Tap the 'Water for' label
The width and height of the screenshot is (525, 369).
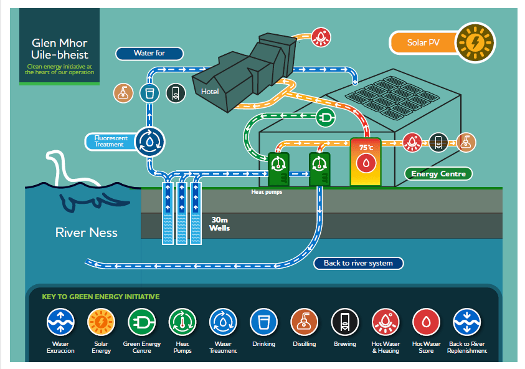coord(149,53)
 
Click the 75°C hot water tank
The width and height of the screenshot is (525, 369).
coord(364,161)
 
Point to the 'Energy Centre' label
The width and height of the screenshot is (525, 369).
coord(438,174)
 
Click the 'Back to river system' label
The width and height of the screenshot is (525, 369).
coord(358,263)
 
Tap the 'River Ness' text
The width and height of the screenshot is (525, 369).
coord(86,232)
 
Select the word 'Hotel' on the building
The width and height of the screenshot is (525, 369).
coord(210,92)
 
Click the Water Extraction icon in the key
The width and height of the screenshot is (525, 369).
coord(60,322)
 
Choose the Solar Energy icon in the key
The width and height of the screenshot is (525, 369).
coord(101,322)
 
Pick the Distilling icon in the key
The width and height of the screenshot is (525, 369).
coord(304,322)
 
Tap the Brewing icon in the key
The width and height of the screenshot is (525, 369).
coord(345,322)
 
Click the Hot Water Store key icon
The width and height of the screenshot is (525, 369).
coord(426,322)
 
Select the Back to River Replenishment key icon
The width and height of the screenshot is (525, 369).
coord(467,322)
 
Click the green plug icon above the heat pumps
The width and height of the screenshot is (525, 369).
coord(325,117)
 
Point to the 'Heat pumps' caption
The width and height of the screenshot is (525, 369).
coord(267,192)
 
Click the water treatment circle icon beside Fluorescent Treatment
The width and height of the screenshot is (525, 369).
coord(150,140)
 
